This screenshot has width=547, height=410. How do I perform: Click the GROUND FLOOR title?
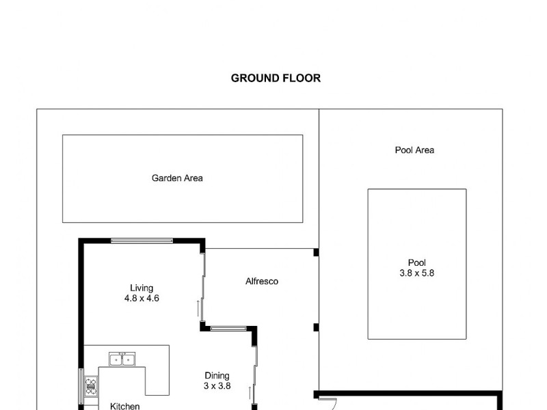coord(276,78)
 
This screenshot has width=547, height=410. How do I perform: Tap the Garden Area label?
coord(177,178)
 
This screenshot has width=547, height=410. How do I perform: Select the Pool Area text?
coord(414,150)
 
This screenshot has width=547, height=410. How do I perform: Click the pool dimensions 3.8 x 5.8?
coord(417,273)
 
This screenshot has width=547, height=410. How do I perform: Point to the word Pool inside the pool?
coord(417,262)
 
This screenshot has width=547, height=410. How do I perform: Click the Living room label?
coord(142,288)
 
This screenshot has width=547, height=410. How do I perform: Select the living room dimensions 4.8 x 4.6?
coord(142,298)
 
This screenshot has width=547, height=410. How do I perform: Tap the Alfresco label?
coord(262,282)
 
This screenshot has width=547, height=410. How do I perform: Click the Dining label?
coord(217,375)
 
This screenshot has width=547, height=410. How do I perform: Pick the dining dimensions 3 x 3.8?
coord(217,385)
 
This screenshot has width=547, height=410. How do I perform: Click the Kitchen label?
coord(125,407)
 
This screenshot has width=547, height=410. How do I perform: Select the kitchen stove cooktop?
coord(91,387)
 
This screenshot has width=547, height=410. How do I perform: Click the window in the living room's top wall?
coord(142,241)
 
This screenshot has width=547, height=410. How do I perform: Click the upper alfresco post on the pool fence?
coord(316,252)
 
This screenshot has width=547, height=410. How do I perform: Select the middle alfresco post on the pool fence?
coord(316,327)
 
